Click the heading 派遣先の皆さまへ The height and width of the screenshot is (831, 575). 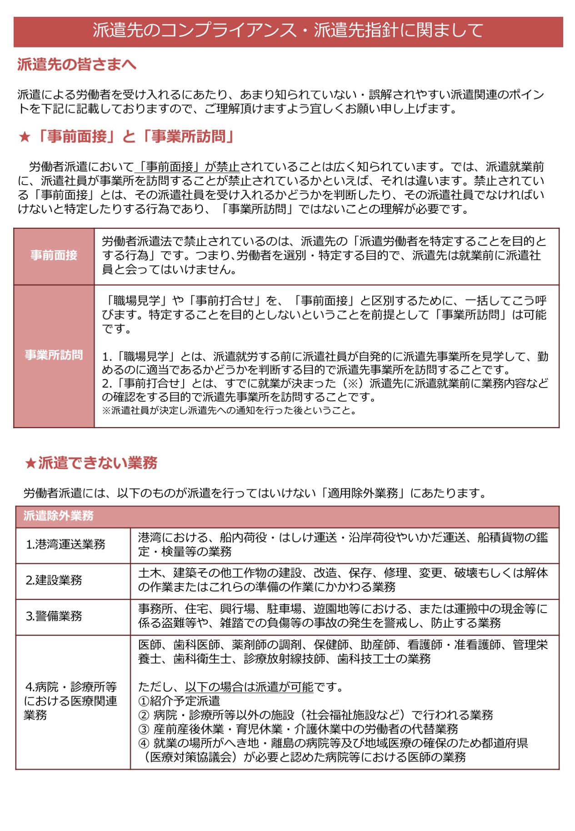(76, 65)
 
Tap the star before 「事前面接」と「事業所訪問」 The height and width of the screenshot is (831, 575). (25, 136)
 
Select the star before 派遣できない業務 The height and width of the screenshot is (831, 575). (30, 463)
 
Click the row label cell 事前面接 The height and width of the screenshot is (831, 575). (54, 256)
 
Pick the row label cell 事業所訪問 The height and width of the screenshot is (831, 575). (54, 355)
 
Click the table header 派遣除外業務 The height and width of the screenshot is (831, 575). (58, 516)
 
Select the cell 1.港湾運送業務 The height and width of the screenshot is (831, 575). (66, 544)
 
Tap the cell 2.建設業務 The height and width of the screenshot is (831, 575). (54, 580)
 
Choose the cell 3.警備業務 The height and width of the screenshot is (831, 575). (54, 616)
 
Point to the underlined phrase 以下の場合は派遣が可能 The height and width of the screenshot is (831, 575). (249, 687)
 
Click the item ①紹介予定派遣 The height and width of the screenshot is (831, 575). (179, 701)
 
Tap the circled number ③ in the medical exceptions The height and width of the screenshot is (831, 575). (144, 729)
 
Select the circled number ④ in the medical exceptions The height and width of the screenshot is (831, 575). (144, 743)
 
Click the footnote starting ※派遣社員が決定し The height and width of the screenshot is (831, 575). (229, 411)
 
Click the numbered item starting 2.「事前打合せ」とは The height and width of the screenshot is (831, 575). (325, 390)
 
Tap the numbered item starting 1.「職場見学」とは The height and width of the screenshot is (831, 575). (325, 363)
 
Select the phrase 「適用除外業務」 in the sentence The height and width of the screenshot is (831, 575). (362, 493)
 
